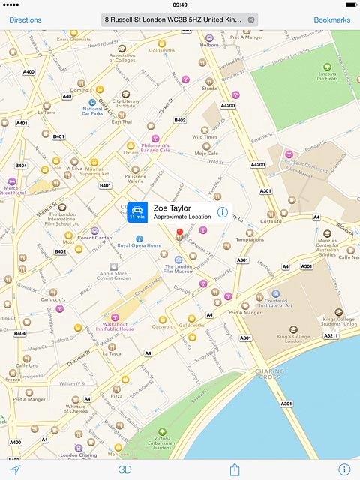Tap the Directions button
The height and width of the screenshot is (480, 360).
coord(25,19)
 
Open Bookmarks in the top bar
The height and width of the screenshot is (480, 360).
coord(331,19)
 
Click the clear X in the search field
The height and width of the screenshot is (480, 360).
coord(250,19)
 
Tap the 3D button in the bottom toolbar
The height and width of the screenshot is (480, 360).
coord(125,469)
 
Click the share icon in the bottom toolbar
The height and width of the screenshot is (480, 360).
coord(234,469)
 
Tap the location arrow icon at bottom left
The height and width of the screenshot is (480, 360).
coord(15,469)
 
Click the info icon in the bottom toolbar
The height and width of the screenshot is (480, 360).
coord(343,469)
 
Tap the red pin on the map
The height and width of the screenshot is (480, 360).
coord(179,233)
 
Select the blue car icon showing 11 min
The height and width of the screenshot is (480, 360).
coord(136,212)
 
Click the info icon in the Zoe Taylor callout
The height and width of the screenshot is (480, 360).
coord(222,212)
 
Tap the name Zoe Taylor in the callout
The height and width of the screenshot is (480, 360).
coord(172,208)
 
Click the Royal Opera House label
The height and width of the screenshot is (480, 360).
coord(139,245)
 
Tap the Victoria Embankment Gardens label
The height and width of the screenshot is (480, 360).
coord(157,445)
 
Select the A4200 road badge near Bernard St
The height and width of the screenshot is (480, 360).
coord(228,106)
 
